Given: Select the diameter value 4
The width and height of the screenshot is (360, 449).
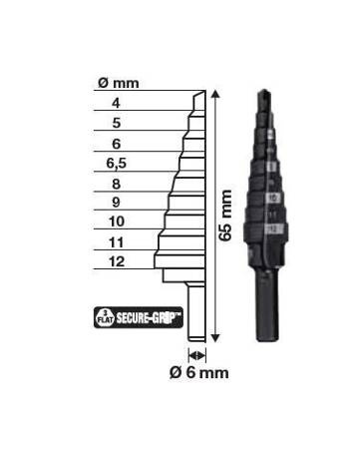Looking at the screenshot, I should point(117,103).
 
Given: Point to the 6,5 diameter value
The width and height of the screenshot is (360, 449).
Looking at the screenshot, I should point(117,163).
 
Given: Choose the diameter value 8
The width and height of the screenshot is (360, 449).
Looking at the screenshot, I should point(117,183).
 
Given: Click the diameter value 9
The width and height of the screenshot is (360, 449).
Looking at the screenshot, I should point(117,203).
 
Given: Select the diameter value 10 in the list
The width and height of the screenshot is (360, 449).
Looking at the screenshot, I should point(117,222).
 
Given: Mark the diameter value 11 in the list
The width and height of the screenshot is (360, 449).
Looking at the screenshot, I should point(117,241).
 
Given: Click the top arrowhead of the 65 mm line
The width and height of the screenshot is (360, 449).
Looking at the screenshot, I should point(212,91).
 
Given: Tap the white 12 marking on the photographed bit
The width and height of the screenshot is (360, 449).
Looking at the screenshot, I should point(272,229).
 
